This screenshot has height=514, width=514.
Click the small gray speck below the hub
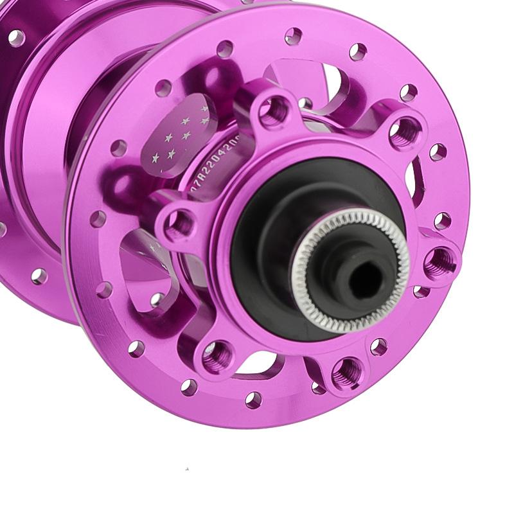pyautogui.click(x=187, y=468)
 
